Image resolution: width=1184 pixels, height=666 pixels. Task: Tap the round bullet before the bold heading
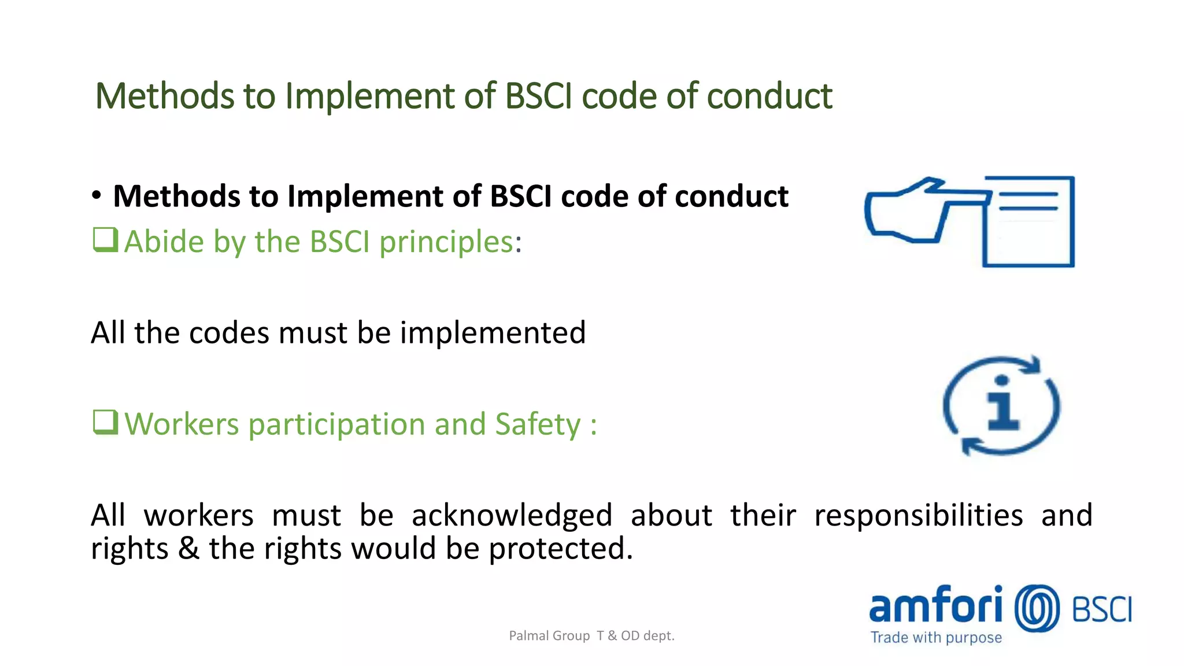(97, 196)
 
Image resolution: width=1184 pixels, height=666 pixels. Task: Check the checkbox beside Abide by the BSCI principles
(105, 240)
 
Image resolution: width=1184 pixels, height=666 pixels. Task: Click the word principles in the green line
(446, 242)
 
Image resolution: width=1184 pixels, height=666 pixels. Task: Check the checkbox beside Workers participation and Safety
(105, 422)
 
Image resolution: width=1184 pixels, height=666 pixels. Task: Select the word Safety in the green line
(538, 424)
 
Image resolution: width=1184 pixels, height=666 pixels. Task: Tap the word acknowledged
(512, 515)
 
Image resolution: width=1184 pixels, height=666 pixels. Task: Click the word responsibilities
(918, 515)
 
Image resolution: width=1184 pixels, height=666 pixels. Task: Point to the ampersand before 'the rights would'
(188, 548)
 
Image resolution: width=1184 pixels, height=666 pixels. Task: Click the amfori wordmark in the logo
(935, 605)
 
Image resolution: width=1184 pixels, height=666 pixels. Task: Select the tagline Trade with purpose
(936, 638)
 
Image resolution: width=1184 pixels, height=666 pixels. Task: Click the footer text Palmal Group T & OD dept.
(591, 636)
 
